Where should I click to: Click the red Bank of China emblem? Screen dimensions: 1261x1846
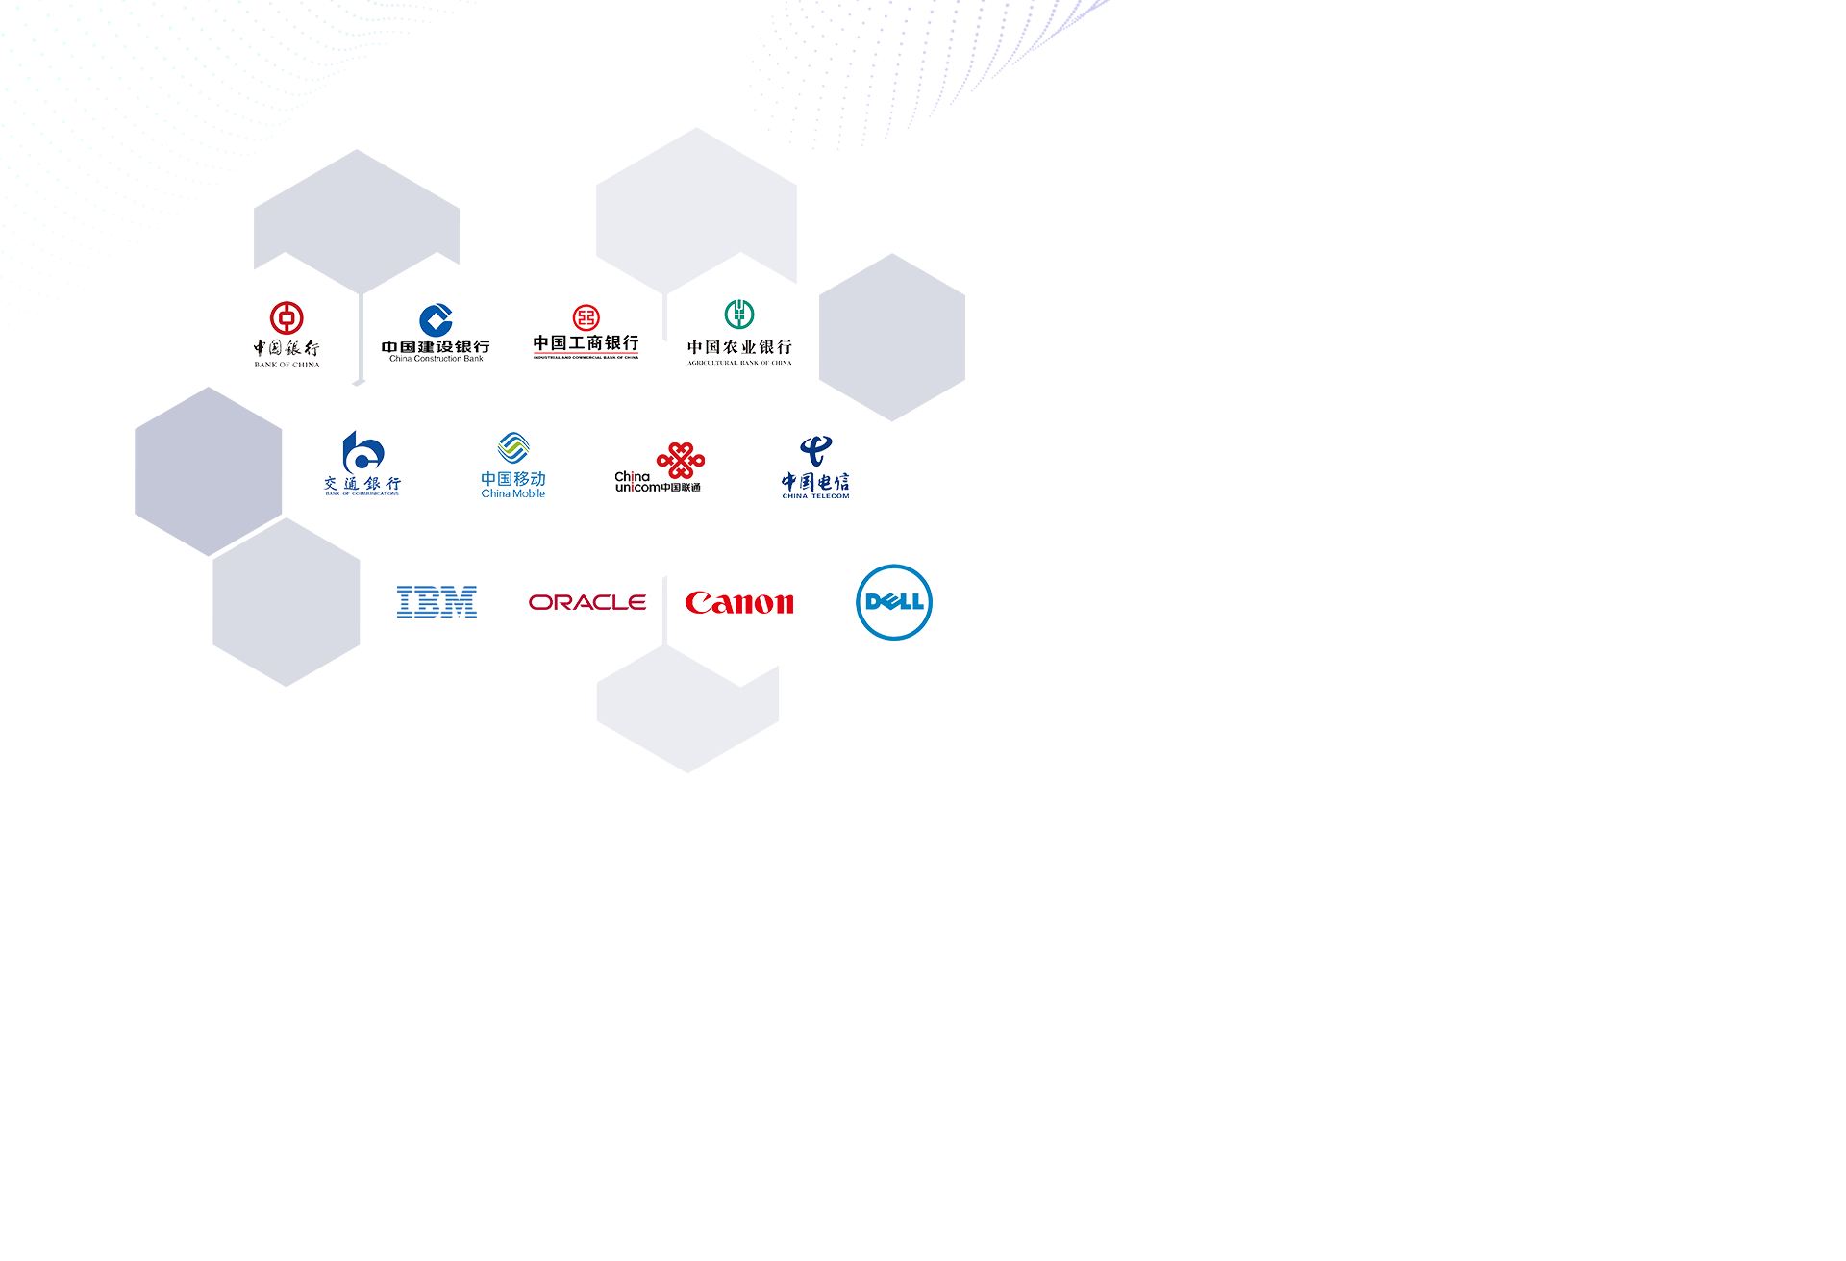pyautogui.click(x=287, y=317)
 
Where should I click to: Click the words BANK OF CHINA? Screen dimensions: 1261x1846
pyautogui.click(x=287, y=365)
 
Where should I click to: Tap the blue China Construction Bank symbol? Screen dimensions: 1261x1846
pyautogui.click(x=436, y=320)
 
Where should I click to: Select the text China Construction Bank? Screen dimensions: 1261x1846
pyautogui.click(x=437, y=359)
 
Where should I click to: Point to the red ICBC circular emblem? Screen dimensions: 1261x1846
pyautogui.click(x=586, y=317)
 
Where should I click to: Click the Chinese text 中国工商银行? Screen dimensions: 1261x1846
pyautogui.click(x=586, y=342)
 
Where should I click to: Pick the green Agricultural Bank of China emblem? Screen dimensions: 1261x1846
pyautogui.click(x=739, y=315)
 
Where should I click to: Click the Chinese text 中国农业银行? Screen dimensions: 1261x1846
pyautogui.click(x=739, y=346)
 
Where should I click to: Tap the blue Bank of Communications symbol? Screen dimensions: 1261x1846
pyautogui.click(x=362, y=451)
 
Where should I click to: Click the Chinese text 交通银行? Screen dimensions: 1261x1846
pyautogui.click(x=362, y=483)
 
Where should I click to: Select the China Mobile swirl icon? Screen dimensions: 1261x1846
pyautogui.click(x=513, y=448)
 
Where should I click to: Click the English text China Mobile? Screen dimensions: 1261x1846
pyautogui.click(x=513, y=493)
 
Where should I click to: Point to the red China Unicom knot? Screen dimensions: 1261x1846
pyautogui.click(x=681, y=461)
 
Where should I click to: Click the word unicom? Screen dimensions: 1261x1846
pyautogui.click(x=637, y=488)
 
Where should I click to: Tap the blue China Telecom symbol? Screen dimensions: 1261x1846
pyautogui.click(x=815, y=450)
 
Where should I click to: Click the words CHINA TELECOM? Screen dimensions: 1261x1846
pyautogui.click(x=815, y=496)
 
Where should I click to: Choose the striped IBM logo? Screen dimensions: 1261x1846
pyautogui.click(x=437, y=602)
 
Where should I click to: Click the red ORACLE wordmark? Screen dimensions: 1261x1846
pyautogui.click(x=587, y=602)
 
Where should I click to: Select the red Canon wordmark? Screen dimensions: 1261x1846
pyautogui.click(x=739, y=603)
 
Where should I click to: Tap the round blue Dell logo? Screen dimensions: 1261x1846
pyautogui.click(x=894, y=602)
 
